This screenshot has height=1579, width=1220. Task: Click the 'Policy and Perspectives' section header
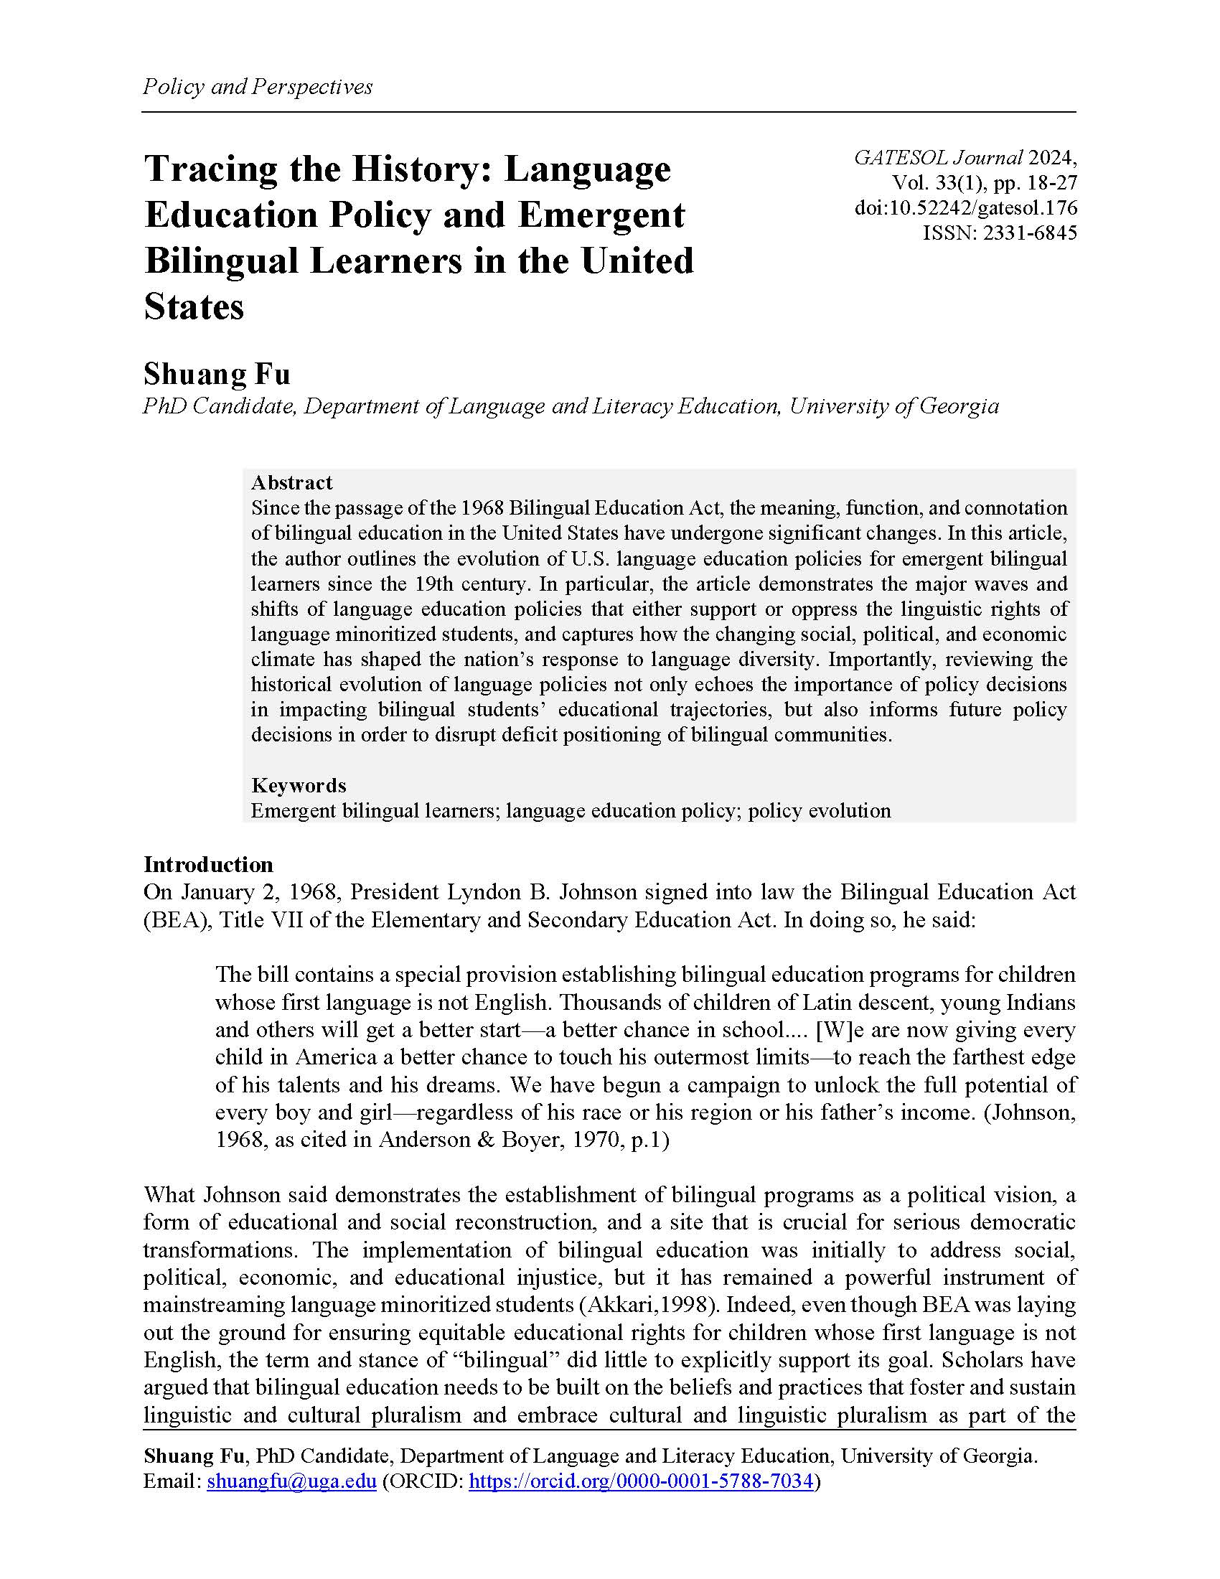tap(258, 87)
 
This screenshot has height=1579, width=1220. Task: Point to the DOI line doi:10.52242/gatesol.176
tap(965, 208)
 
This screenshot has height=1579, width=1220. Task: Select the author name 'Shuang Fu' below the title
tap(217, 375)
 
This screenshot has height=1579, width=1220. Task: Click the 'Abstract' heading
tap(291, 482)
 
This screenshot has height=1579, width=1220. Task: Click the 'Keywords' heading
tap(299, 785)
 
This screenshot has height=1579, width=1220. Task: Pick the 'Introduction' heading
tap(208, 865)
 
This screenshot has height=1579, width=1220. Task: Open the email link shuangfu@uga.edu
tap(291, 1481)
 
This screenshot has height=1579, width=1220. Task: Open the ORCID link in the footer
tap(641, 1481)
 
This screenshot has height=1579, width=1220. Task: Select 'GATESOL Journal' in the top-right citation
tap(938, 158)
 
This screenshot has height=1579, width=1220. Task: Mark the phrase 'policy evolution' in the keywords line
tap(819, 810)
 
